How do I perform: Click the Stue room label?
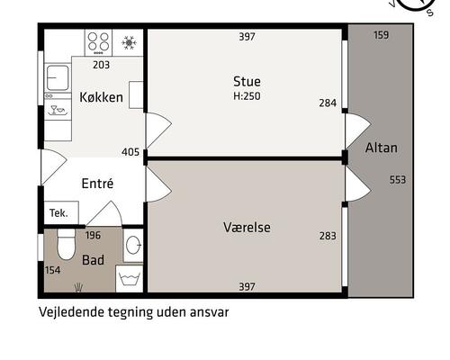click(247, 81)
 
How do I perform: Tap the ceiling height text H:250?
click(247, 95)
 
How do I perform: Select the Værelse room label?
click(247, 228)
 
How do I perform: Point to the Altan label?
click(382, 147)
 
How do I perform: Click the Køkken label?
click(101, 97)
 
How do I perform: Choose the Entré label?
click(97, 183)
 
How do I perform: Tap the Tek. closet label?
click(58, 212)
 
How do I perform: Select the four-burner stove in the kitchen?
click(100, 42)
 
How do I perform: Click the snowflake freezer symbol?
click(129, 42)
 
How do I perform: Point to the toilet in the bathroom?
click(66, 243)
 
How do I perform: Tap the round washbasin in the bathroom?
click(132, 245)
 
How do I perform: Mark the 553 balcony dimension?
click(397, 180)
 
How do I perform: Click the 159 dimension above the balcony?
click(381, 36)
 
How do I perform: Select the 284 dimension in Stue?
click(328, 103)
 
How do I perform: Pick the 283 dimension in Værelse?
click(328, 237)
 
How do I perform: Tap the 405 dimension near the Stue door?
click(130, 152)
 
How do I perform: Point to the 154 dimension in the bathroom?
click(51, 270)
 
